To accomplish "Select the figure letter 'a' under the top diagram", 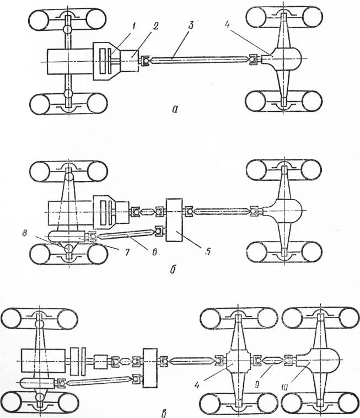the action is (175, 109).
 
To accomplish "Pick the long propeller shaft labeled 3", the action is (198, 59).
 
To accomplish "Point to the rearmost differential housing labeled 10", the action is (320, 361).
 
